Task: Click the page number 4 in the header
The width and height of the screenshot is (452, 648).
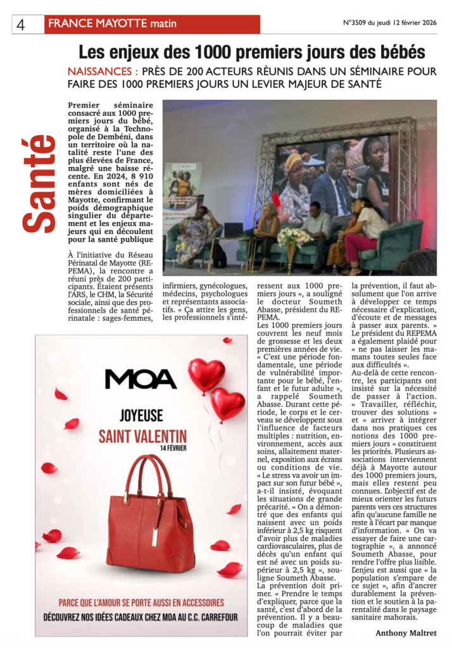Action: (x=22, y=24)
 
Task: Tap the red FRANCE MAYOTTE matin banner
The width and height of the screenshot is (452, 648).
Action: (x=152, y=24)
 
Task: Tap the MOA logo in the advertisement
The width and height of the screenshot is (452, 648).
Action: (x=141, y=378)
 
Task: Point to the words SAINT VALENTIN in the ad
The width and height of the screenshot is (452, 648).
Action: (x=142, y=436)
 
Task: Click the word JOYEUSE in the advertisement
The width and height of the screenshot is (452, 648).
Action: (x=142, y=416)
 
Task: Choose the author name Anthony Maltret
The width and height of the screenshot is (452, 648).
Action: (x=406, y=632)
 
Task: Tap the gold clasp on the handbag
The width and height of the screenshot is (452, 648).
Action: (x=154, y=523)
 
